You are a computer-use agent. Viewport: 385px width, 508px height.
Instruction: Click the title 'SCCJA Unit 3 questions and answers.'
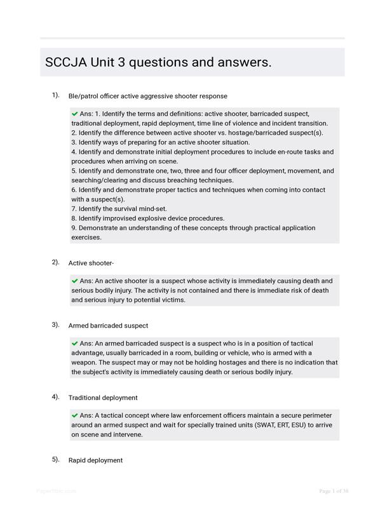[158, 62]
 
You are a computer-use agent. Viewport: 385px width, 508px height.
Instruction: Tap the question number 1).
[56, 95]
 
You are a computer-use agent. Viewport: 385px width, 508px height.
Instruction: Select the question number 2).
[56, 262]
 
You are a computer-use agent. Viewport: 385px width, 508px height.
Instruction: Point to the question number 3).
[56, 324]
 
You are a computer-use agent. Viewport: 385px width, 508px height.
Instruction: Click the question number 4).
[56, 397]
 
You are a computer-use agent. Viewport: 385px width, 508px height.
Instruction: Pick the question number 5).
[56, 459]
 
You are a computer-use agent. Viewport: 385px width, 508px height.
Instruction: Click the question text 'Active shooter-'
[91, 263]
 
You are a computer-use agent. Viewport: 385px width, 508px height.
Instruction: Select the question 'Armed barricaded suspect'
[108, 326]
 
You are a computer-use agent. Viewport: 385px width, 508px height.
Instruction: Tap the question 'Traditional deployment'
[103, 398]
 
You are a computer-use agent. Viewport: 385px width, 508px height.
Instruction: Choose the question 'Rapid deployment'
[95, 460]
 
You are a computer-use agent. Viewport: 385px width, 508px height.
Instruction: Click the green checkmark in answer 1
[75, 114]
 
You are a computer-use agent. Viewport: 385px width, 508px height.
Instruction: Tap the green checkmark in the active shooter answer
[75, 281]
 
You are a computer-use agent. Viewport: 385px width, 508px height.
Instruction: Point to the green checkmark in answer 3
[75, 343]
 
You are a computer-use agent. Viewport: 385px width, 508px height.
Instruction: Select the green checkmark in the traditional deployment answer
[75, 415]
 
